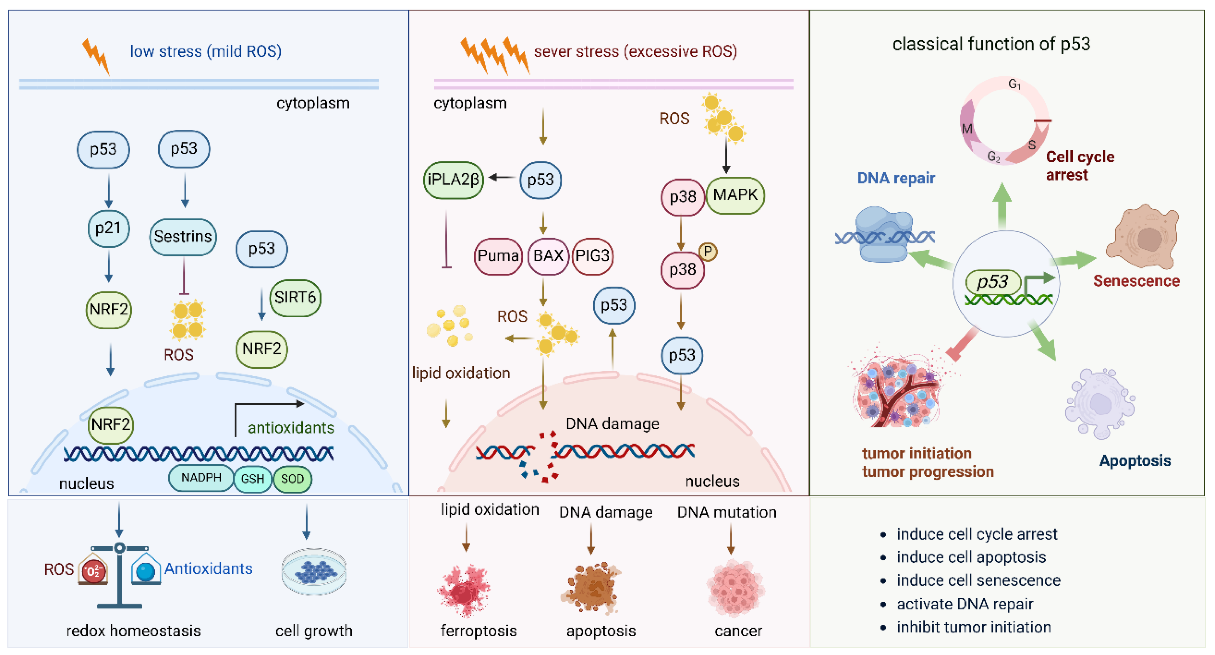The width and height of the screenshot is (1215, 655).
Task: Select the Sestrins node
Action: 183,236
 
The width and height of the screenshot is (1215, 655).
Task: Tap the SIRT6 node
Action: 295,298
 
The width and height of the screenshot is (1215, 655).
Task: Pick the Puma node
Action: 498,256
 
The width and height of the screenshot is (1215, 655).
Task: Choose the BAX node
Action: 548,256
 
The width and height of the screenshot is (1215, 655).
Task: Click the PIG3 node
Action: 592,256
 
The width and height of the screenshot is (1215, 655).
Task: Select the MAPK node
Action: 735,195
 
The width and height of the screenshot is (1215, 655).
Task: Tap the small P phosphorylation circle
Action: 708,252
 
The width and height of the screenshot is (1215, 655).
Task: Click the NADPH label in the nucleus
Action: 201,478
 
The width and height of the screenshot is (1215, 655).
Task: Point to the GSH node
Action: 253,479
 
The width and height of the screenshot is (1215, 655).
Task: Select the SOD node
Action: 293,479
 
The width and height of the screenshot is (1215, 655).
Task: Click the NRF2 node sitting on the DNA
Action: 111,424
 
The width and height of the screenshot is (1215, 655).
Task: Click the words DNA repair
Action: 896,178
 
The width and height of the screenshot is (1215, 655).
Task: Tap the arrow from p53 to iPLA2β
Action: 502,178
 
